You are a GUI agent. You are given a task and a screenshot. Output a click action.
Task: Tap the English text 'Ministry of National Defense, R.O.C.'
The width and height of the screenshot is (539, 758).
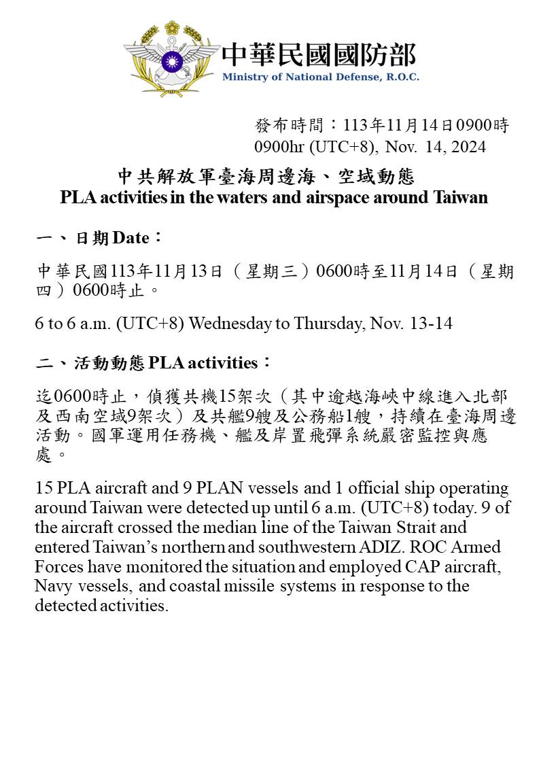pos(320,77)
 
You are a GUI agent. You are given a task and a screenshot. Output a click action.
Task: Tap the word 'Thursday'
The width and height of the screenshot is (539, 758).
pos(329,323)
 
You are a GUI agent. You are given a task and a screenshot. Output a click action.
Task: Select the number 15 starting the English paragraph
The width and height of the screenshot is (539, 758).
pos(44,489)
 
